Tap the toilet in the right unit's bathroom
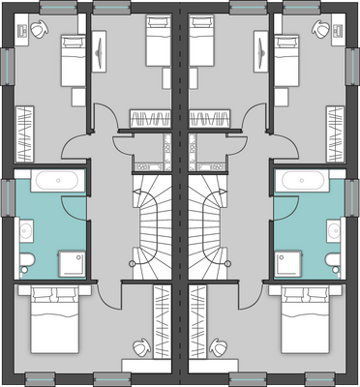pyautogui.click(x=331, y=257)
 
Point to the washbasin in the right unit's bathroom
pyautogui.click(x=334, y=230)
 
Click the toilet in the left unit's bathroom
pyautogui.click(x=28, y=257)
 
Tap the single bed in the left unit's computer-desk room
pyautogui.click(x=73, y=61)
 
